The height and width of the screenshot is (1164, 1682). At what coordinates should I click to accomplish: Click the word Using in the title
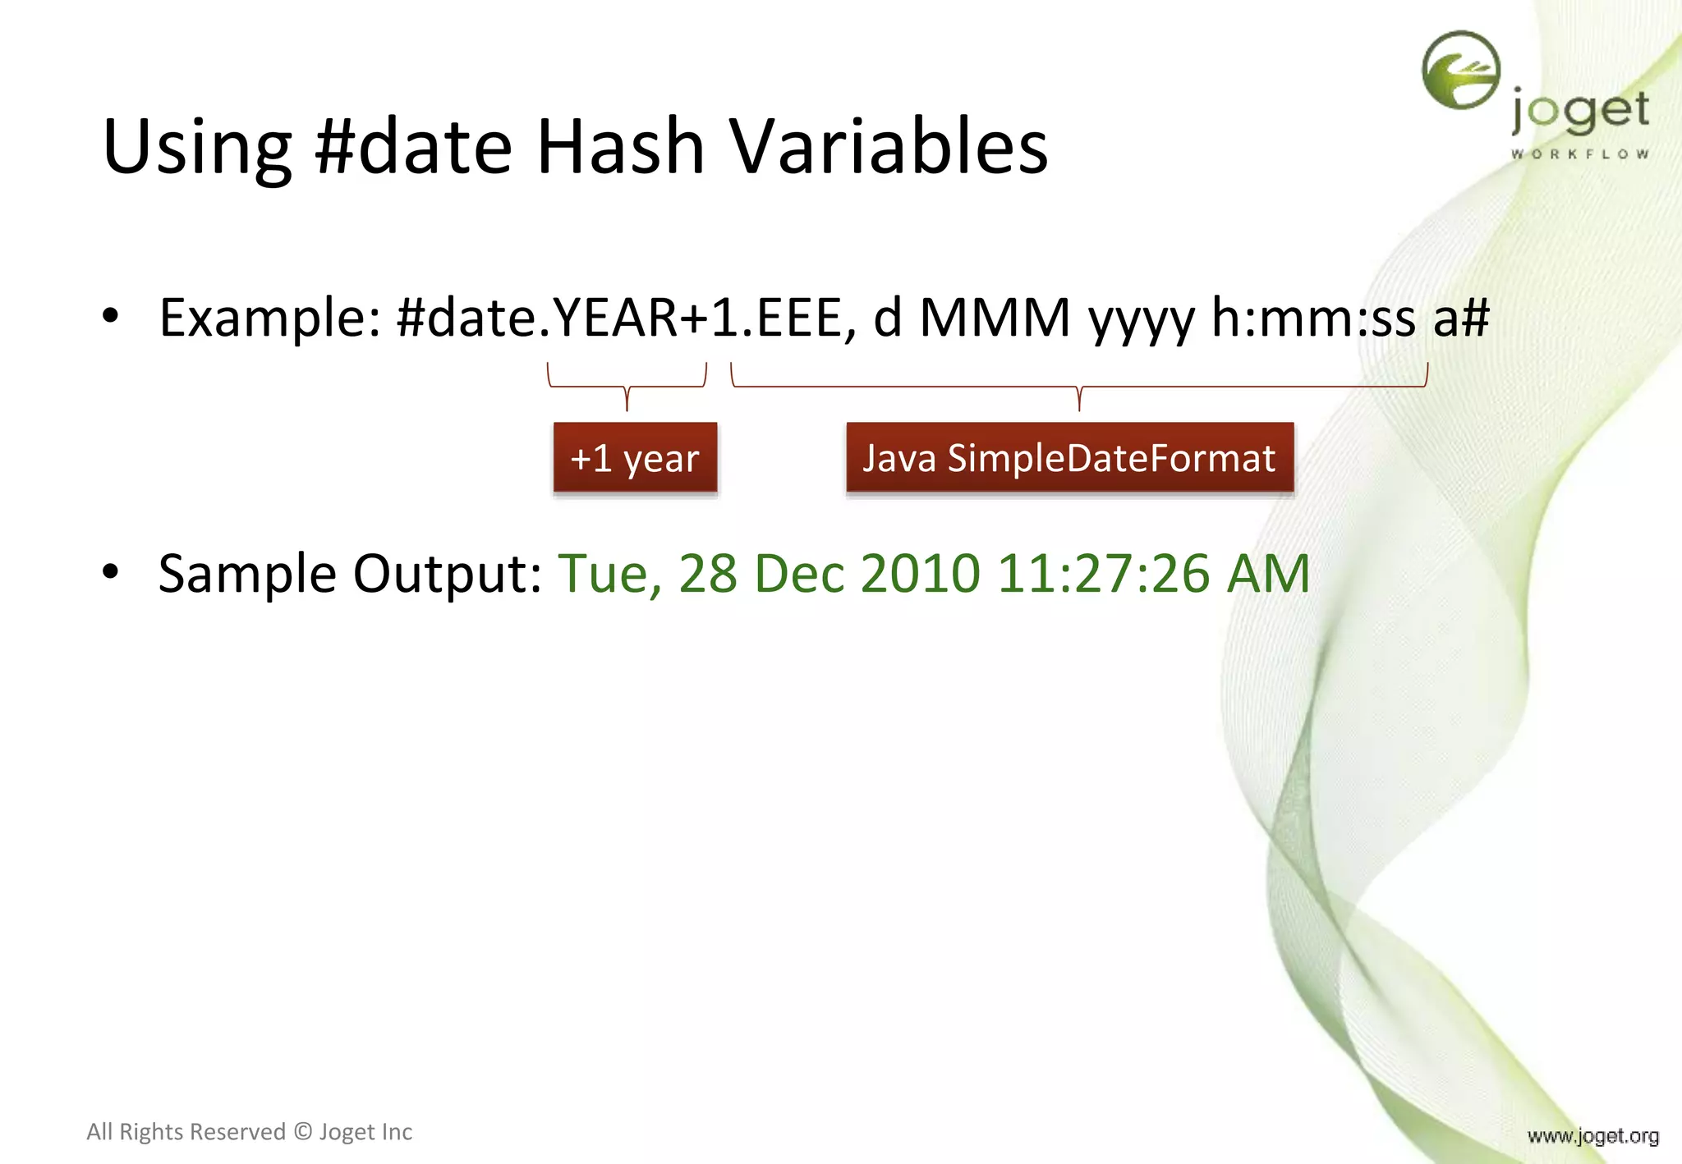(197, 148)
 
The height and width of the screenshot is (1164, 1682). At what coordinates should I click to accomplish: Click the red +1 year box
(635, 458)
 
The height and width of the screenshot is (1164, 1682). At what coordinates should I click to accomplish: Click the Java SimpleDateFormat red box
(1069, 458)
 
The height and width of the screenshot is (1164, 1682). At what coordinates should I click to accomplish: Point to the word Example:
(269, 318)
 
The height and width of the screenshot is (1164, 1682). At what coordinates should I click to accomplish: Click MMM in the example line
(995, 318)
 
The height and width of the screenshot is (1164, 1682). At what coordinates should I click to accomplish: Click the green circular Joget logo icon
(1460, 71)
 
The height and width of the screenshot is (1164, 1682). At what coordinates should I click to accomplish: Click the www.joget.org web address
(1592, 1136)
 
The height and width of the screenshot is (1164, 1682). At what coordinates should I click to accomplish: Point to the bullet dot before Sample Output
(111, 572)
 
